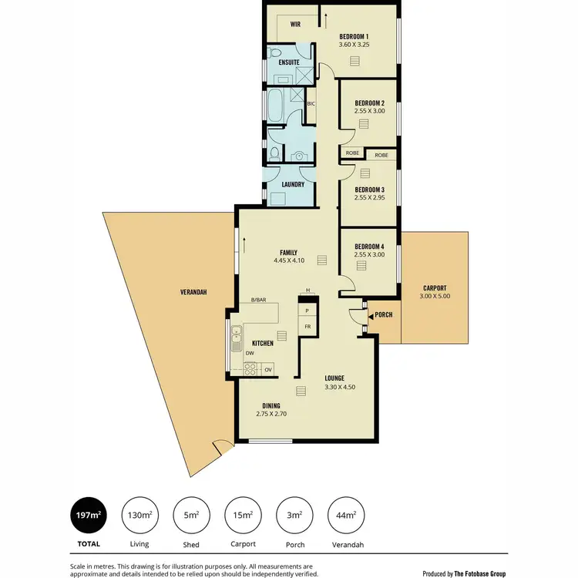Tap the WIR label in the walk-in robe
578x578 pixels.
[295, 24]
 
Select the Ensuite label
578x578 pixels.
[289, 62]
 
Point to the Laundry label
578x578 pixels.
[293, 184]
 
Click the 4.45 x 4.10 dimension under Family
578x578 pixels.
[289, 260]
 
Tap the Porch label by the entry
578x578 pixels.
[384, 315]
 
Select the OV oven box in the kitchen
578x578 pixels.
[268, 370]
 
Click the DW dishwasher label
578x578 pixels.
[250, 354]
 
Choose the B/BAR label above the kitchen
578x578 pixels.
[258, 300]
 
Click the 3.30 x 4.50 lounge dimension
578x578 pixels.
[339, 387]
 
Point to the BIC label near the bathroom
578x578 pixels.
[311, 103]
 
